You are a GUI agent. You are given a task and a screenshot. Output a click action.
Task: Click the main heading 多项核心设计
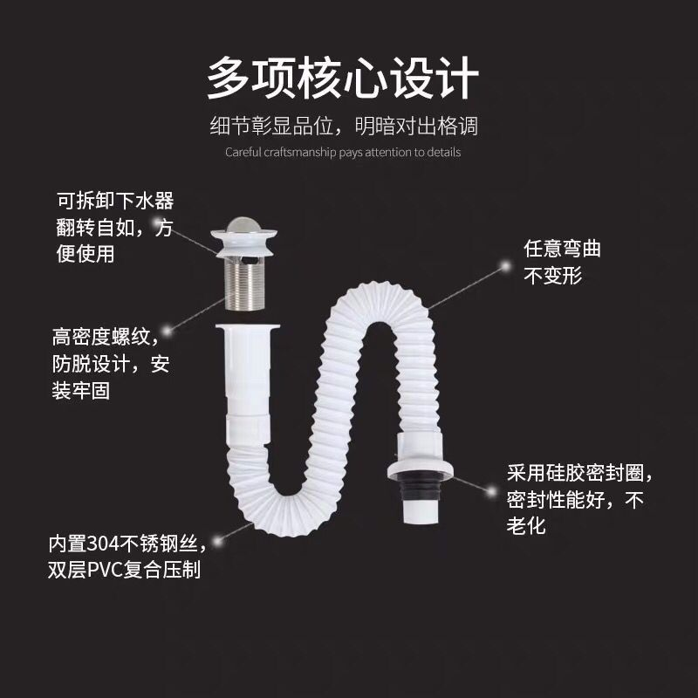click(x=343, y=78)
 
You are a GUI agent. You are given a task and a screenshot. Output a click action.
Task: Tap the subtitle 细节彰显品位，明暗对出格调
click(x=344, y=126)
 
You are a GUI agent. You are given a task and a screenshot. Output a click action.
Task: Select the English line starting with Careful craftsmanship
click(x=343, y=152)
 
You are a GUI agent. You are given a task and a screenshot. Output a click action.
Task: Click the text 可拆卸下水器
click(x=115, y=201)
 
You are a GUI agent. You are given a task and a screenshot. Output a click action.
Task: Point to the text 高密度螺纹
click(x=101, y=337)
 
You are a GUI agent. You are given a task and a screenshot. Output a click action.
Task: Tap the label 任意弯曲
click(x=562, y=249)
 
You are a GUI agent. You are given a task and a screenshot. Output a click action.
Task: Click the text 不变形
click(x=553, y=276)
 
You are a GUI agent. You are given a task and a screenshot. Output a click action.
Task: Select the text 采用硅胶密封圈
click(x=576, y=473)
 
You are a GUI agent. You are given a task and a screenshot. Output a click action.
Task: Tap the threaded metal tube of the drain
click(x=245, y=285)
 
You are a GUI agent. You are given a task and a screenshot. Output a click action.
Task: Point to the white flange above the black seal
click(x=421, y=469)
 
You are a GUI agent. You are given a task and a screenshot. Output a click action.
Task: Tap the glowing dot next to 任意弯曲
click(x=505, y=266)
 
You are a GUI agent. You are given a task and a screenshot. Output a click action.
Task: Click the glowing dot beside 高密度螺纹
click(x=167, y=331)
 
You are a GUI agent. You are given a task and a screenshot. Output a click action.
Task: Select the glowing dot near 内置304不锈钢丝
click(x=217, y=541)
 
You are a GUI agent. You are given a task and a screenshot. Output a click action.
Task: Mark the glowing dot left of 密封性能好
click(x=491, y=492)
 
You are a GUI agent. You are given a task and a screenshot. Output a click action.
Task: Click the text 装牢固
click(x=80, y=391)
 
